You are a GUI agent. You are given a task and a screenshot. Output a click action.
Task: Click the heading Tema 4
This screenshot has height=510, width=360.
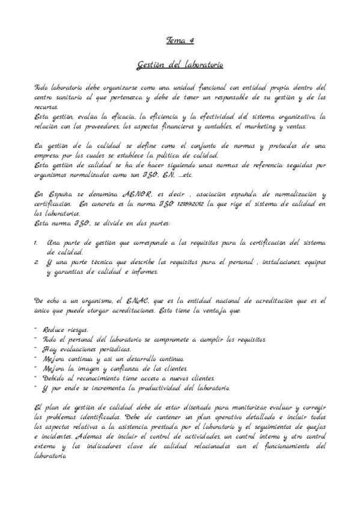180,40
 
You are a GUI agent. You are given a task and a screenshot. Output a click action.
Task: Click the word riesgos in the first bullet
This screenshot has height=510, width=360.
77,330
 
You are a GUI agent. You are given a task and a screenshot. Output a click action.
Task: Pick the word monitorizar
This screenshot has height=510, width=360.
240,407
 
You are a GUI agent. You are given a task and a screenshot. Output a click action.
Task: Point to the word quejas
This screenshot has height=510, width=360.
313,426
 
